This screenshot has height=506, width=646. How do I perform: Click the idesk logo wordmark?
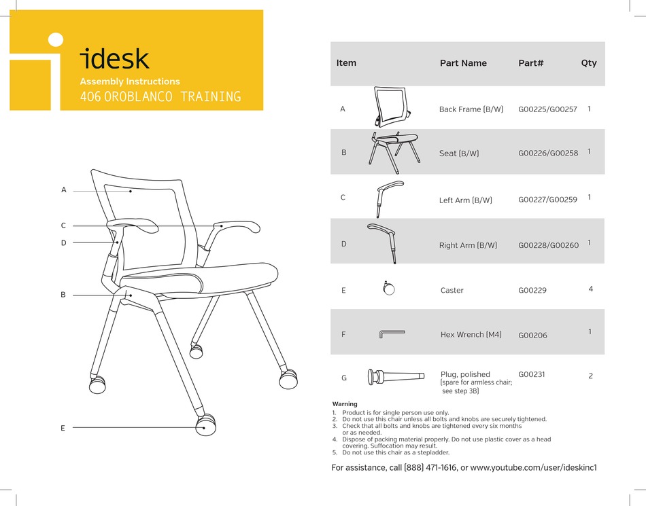point(114,59)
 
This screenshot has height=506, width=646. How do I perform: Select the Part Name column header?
point(463,63)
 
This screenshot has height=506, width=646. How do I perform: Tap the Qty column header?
point(589,63)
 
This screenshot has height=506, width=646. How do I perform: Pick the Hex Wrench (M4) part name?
point(471,335)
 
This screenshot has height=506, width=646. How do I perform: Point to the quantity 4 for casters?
point(590,289)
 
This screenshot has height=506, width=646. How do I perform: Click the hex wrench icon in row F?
point(391,333)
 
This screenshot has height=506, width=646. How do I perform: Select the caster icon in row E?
point(389,289)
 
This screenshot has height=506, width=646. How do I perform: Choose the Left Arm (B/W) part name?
point(465,200)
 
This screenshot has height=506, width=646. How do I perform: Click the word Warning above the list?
point(345,404)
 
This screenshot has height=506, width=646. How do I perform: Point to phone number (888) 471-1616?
point(430,467)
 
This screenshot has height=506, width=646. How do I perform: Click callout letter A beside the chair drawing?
point(64,190)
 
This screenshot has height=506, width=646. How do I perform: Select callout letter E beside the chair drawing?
point(63,428)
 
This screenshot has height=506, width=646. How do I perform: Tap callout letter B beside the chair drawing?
point(63,295)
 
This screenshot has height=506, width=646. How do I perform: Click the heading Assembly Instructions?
point(130,82)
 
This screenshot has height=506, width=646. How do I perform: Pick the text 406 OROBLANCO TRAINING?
point(160,97)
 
